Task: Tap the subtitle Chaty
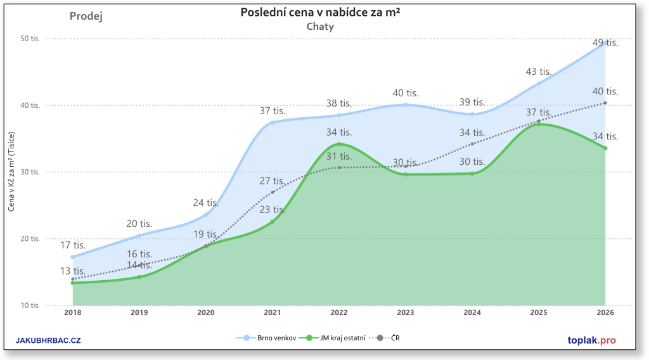click(320, 27)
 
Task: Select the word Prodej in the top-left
click(86, 16)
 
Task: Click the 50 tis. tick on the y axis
click(30, 39)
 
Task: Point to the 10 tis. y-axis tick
click(30, 305)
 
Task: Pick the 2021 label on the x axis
click(273, 312)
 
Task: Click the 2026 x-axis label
click(605, 312)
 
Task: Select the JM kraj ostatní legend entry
click(336, 338)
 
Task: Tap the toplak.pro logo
click(591, 340)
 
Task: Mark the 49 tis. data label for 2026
click(605, 43)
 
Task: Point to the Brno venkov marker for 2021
click(273, 122)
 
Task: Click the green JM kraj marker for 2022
click(339, 144)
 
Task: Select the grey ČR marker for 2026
click(605, 103)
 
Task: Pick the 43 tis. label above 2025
click(539, 72)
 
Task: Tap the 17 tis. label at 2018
click(73, 245)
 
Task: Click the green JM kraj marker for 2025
click(539, 124)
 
